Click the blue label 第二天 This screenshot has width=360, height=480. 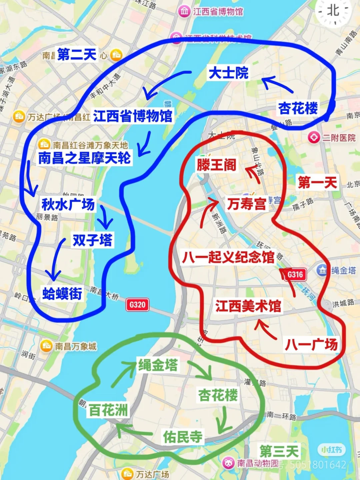77,54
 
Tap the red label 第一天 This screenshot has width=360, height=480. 317,182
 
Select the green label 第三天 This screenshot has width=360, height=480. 279,452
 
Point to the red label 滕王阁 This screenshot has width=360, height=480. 216,165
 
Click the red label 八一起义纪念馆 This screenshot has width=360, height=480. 228,257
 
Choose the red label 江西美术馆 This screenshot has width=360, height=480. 248,306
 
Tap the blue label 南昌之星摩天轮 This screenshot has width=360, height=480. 84,158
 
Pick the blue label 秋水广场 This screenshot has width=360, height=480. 68,204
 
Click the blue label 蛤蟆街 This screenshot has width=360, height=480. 62,293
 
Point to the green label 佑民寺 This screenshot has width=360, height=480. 183,436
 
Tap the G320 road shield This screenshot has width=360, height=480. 137,304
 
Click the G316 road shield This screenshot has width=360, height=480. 295,274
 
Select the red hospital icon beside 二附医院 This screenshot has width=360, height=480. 313,137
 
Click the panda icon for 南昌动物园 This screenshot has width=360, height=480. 229,463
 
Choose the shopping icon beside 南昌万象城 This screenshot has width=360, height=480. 46,346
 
